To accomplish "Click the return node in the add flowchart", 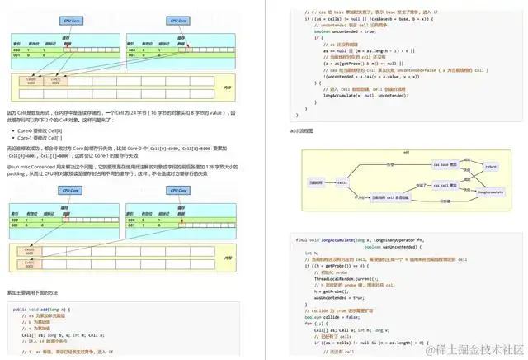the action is [491, 166].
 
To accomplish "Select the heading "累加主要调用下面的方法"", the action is [34, 291].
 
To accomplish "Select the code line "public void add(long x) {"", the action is [41, 310].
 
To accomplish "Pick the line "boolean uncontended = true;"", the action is [347, 30].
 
